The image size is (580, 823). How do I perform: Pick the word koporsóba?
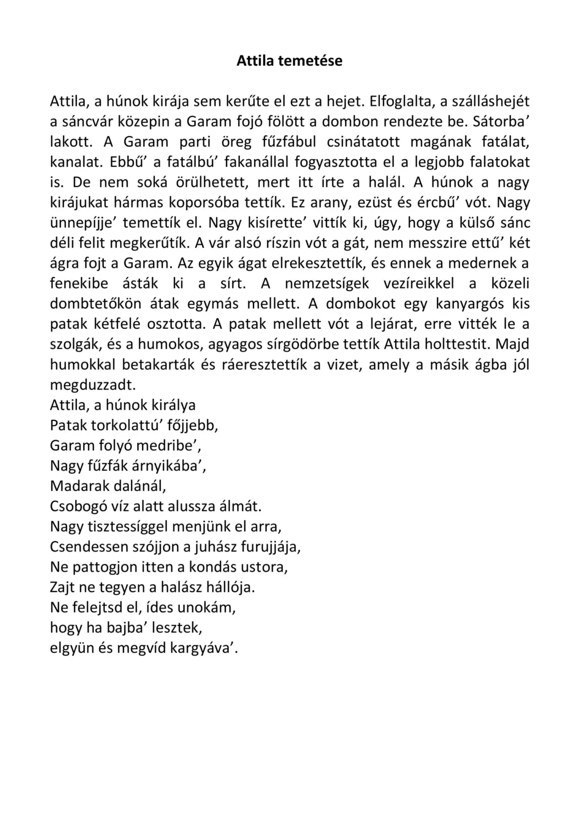coord(202,202)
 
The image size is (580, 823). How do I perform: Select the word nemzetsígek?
coord(326,283)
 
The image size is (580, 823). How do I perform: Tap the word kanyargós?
coord(470,303)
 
